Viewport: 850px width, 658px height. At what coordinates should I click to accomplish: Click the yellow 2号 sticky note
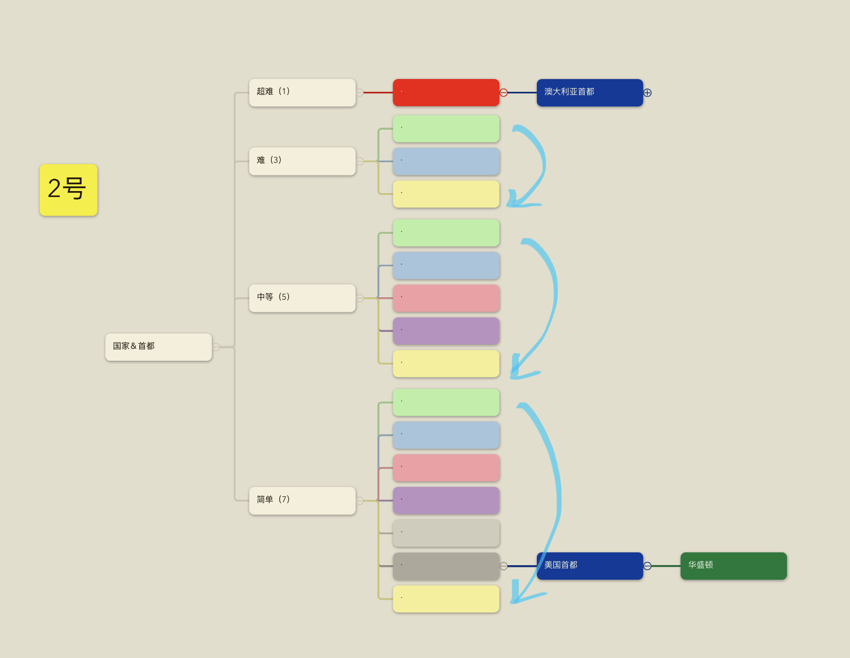point(68,190)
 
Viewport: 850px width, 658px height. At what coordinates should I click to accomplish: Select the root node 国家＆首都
point(158,347)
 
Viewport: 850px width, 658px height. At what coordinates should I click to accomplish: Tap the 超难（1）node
point(303,92)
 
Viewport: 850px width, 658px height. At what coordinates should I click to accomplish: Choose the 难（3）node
point(303,161)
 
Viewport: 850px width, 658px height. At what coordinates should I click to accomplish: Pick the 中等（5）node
point(303,298)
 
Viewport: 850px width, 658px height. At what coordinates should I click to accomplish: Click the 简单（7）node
point(303,501)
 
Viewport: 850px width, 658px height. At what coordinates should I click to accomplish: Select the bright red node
point(446,92)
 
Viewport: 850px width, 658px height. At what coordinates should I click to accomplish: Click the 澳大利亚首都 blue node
point(590,92)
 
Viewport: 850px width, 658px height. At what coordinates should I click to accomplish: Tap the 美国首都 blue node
point(590,566)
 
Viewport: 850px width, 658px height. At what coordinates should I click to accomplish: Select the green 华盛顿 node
point(734,566)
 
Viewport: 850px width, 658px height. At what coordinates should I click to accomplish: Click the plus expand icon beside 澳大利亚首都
point(647,93)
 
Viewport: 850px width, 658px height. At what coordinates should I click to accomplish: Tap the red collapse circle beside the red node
point(504,93)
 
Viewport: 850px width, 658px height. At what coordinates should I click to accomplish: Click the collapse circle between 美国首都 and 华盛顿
point(647,566)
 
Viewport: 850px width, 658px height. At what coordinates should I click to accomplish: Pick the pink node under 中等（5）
point(446,298)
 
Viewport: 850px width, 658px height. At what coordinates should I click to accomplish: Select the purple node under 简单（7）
point(446,501)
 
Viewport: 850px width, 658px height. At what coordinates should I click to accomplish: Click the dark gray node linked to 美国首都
point(446,566)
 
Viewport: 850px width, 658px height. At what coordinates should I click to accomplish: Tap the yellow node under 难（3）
point(446,194)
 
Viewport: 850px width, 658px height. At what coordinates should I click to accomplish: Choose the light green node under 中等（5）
point(446,233)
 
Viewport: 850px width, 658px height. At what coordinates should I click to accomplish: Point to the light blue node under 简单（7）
point(446,435)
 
